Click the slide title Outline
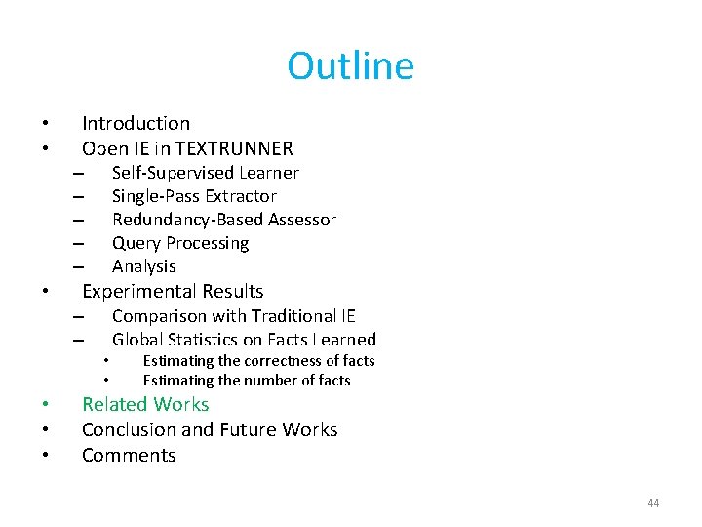350,66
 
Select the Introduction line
136,123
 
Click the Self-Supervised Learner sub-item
205,173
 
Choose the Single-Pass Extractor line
194,196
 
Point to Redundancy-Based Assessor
223,220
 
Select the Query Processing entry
180,243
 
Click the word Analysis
144,266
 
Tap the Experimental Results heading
173,291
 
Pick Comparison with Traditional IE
233,315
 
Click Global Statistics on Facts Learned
244,340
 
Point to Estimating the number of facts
246,381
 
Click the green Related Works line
145,404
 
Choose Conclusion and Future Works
210,429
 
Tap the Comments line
129,455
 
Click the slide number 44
653,503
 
